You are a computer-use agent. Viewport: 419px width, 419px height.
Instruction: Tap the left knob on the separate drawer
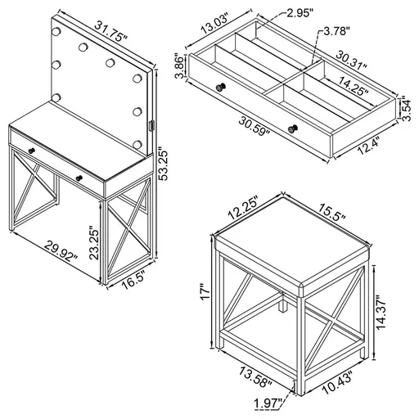click(219, 87)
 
